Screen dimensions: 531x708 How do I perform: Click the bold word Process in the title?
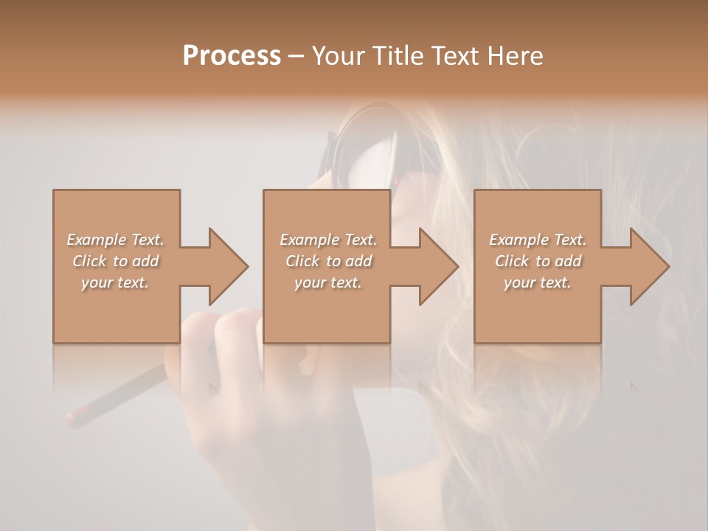click(232, 56)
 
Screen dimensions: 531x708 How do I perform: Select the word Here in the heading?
click(516, 56)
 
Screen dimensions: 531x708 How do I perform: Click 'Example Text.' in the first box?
click(115, 240)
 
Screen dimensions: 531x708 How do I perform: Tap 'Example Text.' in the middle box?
click(328, 240)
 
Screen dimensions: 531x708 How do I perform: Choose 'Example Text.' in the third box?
click(538, 240)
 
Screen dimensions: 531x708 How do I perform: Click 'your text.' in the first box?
click(115, 282)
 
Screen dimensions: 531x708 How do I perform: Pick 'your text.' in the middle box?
click(328, 282)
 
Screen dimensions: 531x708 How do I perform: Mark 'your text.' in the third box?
click(538, 282)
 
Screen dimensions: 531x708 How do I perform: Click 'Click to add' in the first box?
click(115, 261)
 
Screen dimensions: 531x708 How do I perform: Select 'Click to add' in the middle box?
click(328, 261)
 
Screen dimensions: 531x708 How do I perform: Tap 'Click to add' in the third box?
click(538, 261)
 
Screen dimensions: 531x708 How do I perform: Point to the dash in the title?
click(296, 57)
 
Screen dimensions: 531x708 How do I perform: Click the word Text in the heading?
click(451, 56)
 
